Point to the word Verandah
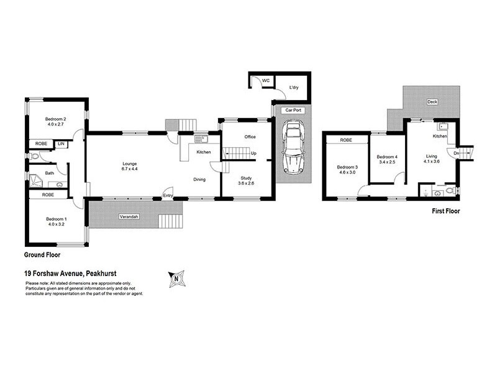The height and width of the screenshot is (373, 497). point(129,217)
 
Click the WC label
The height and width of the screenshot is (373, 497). point(265,81)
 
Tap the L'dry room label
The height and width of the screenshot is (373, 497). point(294,88)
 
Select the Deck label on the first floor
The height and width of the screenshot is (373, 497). point(432,102)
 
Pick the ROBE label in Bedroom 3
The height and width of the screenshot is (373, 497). point(345,140)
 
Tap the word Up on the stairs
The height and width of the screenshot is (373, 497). point(254,153)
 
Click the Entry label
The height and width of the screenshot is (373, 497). point(168,196)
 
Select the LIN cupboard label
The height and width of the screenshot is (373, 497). point(61,144)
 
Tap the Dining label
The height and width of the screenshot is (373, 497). point(199,180)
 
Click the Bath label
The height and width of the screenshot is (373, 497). point(48,173)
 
